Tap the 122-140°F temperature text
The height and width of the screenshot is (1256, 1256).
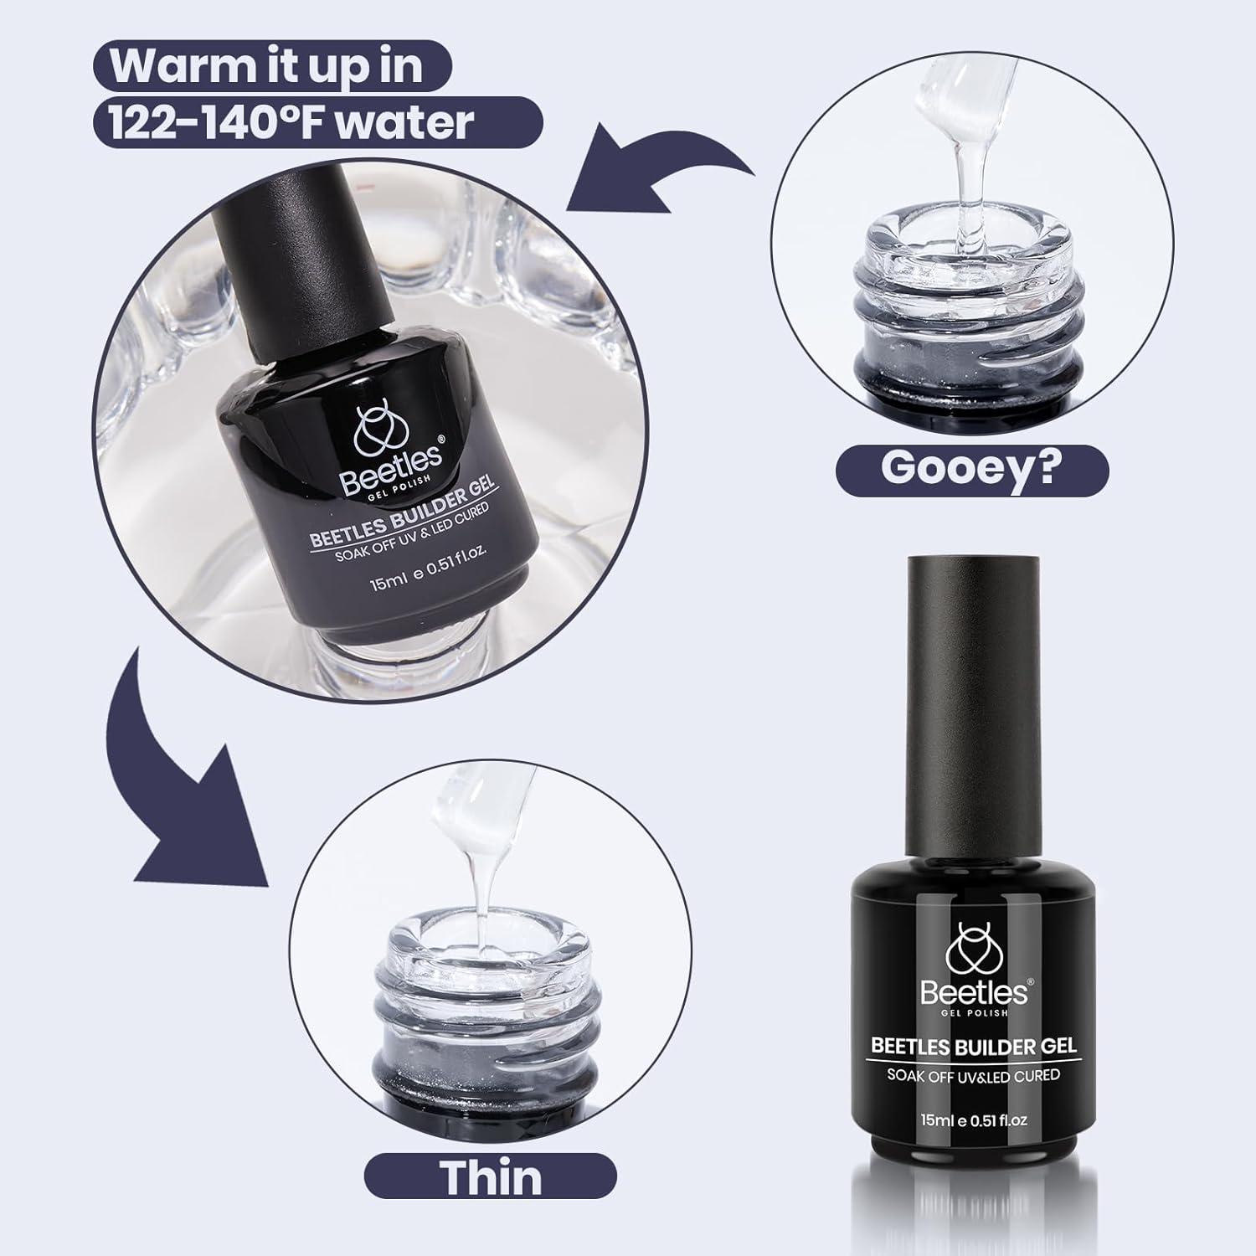click(x=225, y=122)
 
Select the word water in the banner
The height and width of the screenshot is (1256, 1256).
click(x=414, y=122)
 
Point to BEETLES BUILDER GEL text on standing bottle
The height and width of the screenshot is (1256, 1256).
click(x=973, y=1046)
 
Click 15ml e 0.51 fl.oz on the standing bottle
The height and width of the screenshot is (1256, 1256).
click(x=974, y=1120)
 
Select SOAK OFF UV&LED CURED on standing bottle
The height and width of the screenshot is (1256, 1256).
click(x=973, y=1074)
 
